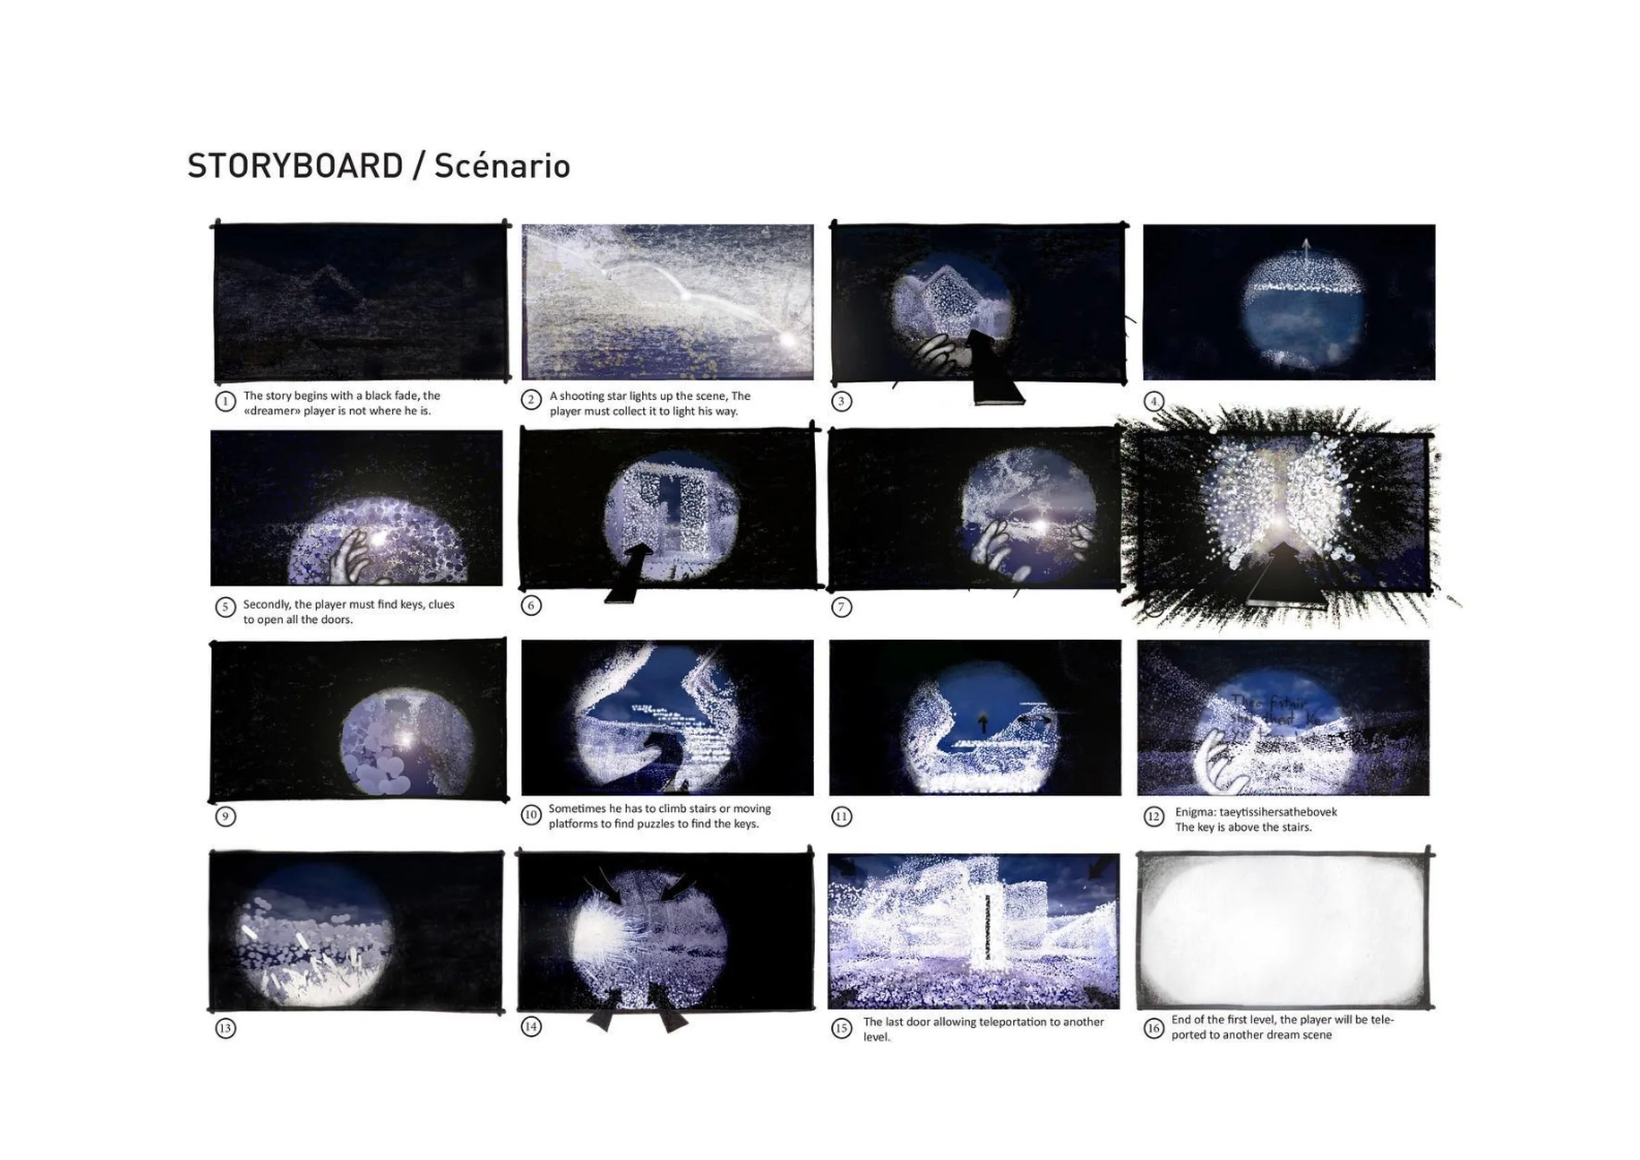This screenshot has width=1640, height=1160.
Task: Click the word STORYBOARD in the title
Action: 295,167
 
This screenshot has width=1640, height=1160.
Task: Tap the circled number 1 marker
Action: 225,402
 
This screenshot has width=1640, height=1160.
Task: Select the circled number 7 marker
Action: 842,607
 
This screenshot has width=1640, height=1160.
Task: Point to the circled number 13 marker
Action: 225,1028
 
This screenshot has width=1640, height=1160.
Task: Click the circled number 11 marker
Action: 842,816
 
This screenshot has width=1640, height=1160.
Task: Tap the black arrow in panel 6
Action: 628,571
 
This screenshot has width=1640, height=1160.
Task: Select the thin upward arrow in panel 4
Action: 1305,250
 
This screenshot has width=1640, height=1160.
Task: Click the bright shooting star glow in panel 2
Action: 788,339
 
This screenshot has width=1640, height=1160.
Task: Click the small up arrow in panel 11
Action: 983,724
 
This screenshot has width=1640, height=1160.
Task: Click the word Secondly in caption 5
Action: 266,604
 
